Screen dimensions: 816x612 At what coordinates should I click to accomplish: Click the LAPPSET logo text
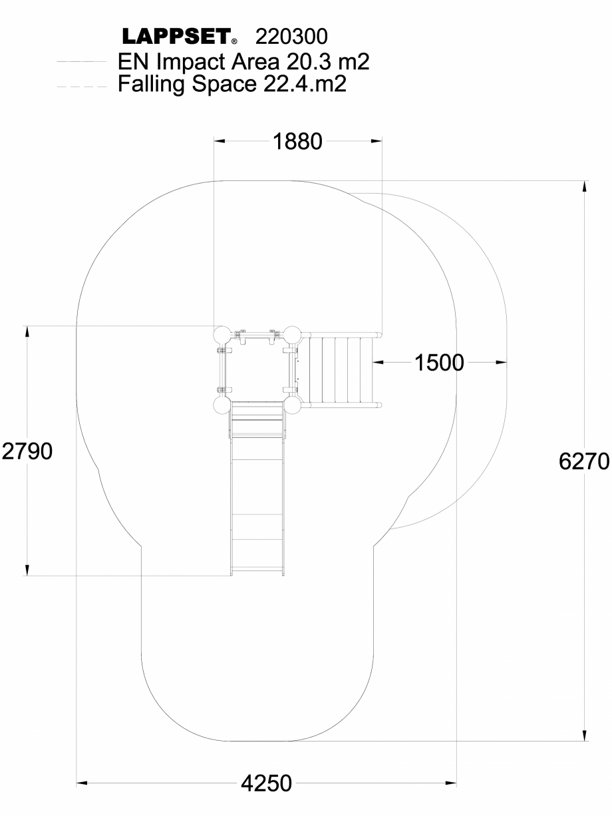coord(176,35)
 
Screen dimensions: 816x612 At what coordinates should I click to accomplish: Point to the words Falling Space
coord(184,85)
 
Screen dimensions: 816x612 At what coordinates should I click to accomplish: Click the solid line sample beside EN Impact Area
coord(82,62)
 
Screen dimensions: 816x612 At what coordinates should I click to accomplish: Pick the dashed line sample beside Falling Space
coord(82,86)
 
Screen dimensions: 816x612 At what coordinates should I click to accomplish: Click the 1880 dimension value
coord(297,141)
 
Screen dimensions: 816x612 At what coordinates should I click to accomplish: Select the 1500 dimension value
coord(439,363)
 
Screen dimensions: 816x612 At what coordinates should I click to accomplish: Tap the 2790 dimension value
coord(27,452)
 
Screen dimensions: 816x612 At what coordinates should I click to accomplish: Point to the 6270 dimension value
coord(584,461)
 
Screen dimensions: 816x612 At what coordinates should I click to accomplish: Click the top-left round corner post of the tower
coord(222,334)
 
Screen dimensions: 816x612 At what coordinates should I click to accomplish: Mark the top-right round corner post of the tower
coord(293,334)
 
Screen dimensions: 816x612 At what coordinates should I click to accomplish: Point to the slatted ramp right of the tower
coord(342,369)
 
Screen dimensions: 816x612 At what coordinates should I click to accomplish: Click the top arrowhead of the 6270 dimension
coord(585,186)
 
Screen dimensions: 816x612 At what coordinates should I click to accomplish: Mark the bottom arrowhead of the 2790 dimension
coord(27,570)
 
